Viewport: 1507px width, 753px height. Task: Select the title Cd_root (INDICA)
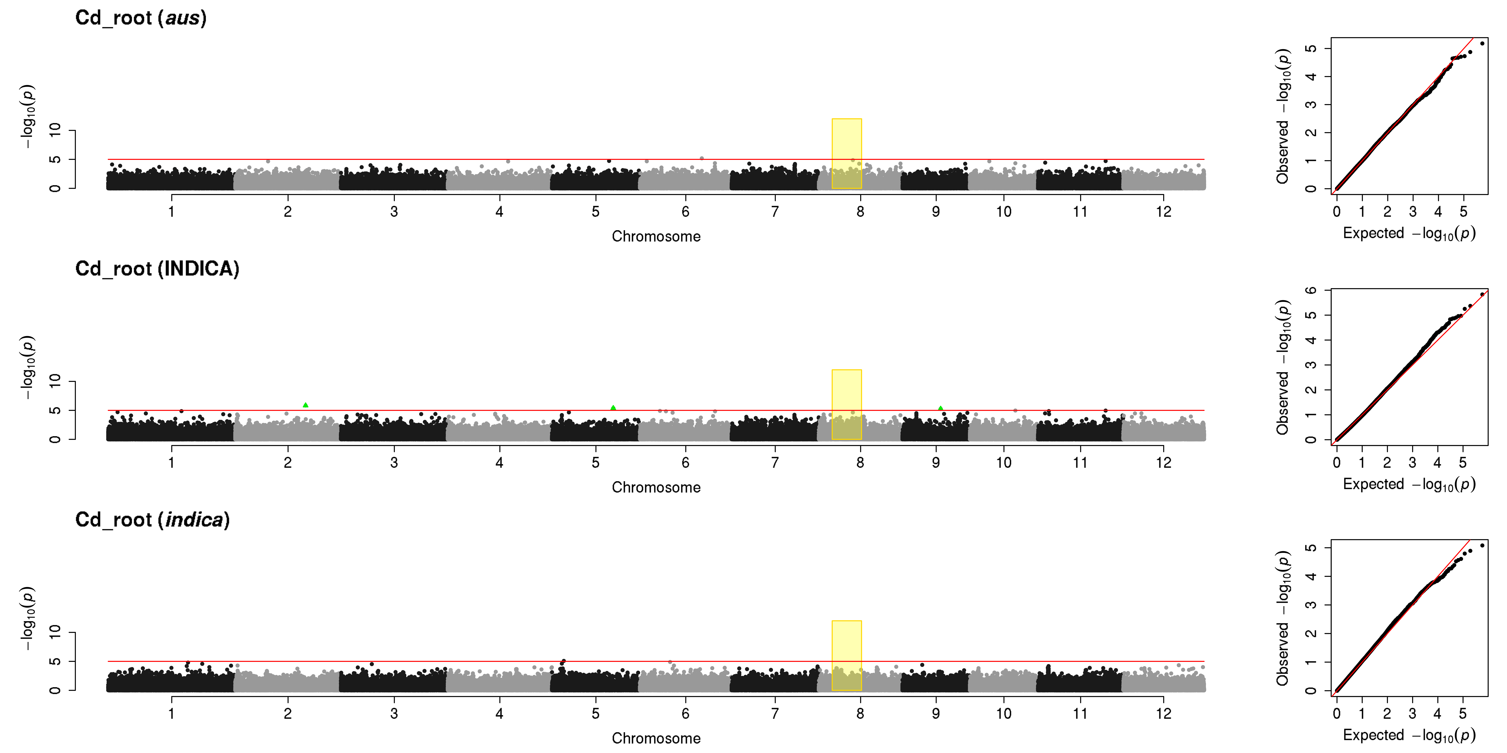tap(157, 269)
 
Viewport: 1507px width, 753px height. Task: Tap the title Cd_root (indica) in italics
tap(153, 520)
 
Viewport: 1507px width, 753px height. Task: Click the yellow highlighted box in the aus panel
tap(847, 154)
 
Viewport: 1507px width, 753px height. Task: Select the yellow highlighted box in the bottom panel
tap(847, 655)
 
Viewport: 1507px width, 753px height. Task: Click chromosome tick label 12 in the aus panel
tap(1164, 212)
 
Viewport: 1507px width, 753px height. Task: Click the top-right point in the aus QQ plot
tap(1482, 43)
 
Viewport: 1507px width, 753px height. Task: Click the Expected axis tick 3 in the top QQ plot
tap(1413, 212)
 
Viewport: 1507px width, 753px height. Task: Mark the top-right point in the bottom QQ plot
tap(1482, 545)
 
